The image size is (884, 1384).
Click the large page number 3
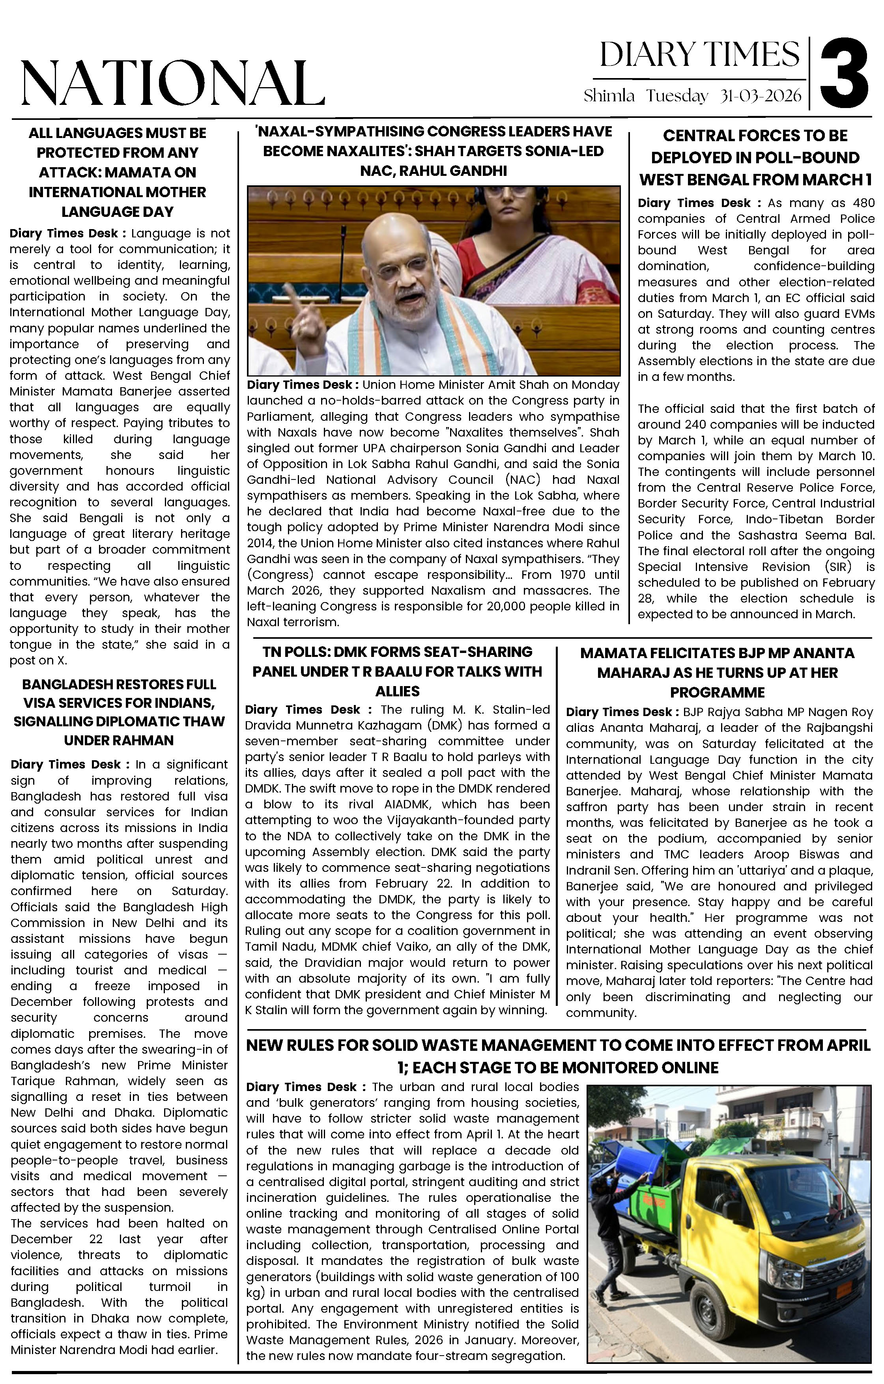[844, 73]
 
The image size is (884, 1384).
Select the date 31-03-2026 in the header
[761, 96]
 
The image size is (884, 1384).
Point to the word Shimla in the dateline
[609, 96]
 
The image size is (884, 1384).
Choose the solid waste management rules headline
[558, 1056]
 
